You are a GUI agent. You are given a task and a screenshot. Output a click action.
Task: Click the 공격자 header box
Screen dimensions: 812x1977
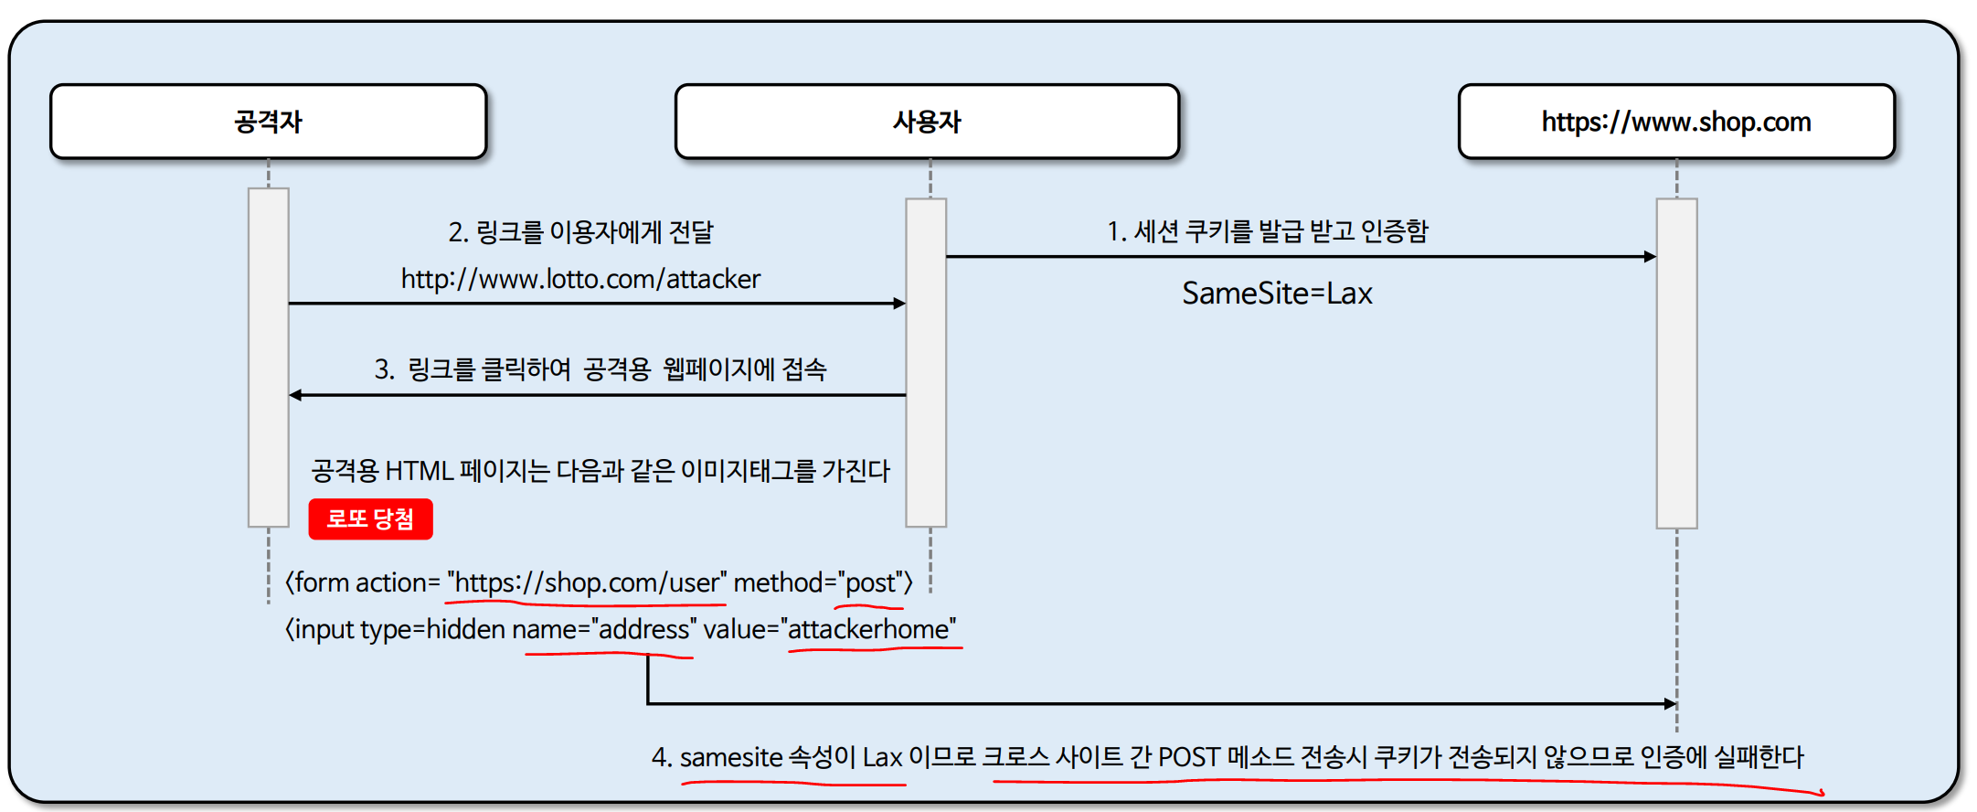click(268, 122)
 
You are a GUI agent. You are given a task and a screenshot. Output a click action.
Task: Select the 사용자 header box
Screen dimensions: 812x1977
click(927, 122)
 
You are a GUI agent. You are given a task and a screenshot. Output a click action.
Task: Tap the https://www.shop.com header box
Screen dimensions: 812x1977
click(1675, 122)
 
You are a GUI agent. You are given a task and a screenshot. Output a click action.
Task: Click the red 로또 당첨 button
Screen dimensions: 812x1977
click(370, 519)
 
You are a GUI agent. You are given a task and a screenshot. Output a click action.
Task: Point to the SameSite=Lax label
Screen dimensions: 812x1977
click(1277, 294)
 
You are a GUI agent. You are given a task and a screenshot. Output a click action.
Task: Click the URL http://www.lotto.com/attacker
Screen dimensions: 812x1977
click(580, 279)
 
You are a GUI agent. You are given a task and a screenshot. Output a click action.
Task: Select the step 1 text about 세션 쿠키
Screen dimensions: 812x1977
click(1267, 231)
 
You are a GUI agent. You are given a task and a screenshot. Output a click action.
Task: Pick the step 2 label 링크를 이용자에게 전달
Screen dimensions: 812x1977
click(580, 232)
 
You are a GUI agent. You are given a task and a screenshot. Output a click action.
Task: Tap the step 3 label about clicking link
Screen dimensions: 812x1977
click(601, 369)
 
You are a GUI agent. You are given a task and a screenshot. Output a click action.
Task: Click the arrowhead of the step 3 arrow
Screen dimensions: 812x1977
click(295, 395)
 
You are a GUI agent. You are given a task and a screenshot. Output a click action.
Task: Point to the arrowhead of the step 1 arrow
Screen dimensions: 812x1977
click(1650, 257)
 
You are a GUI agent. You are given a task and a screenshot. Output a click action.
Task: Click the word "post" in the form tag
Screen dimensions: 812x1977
click(870, 582)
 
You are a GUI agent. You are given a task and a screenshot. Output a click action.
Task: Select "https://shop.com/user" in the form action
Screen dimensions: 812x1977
click(587, 582)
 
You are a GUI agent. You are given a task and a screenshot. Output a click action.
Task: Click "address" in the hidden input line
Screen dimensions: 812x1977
click(643, 629)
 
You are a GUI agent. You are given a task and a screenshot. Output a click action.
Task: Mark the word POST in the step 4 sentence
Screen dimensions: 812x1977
click(1188, 757)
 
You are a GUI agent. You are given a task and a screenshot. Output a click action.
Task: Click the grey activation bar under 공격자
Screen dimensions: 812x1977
click(269, 357)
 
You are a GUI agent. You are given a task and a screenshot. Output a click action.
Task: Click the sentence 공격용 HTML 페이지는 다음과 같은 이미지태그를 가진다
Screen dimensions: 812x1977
click(601, 471)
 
